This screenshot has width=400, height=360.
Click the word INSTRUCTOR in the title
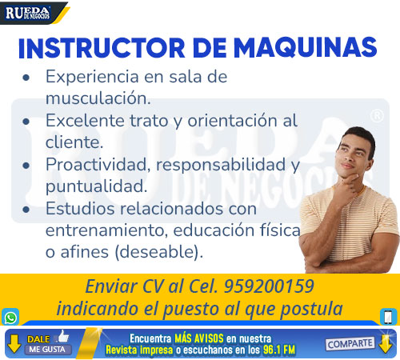pos(102,48)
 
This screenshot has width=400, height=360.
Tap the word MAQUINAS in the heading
pos(306,47)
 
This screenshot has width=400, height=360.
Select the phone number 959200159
pos(269,286)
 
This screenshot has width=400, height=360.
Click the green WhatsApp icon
pos(10,318)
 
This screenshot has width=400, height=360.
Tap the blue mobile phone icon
pos(389,317)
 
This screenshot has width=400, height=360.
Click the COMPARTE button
pos(350,344)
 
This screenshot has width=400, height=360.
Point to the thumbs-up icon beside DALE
pos(62,336)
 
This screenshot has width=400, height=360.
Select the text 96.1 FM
pos(279,350)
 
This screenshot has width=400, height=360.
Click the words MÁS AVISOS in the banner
pos(199,338)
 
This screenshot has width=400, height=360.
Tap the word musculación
pos(98,98)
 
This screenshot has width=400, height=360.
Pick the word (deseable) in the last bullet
pos(158,252)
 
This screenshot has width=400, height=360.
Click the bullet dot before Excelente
pos(26,122)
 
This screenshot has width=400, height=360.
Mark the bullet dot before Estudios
pos(26,210)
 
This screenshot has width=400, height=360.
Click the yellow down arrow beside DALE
pos(14,343)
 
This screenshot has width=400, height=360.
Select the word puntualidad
pos(96,186)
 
